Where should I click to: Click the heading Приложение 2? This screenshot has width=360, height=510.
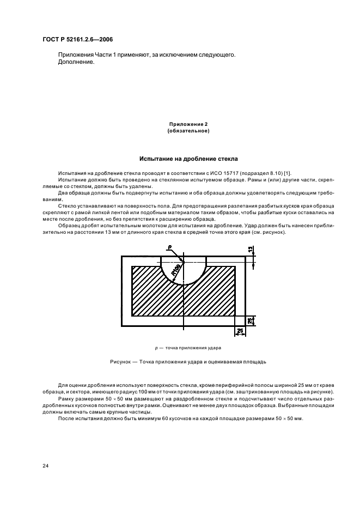188,124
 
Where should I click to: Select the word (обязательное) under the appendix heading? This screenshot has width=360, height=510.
188,131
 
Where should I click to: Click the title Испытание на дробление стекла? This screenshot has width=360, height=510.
188,160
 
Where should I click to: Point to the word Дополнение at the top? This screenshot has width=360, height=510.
76,62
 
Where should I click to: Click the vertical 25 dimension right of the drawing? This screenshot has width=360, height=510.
251,321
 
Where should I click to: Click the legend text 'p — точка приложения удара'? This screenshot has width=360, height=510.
188,347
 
